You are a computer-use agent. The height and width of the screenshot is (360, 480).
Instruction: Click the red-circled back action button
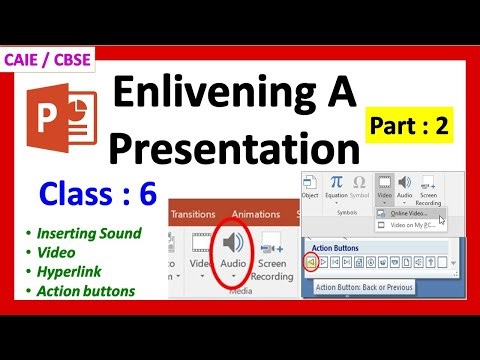click(311, 264)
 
